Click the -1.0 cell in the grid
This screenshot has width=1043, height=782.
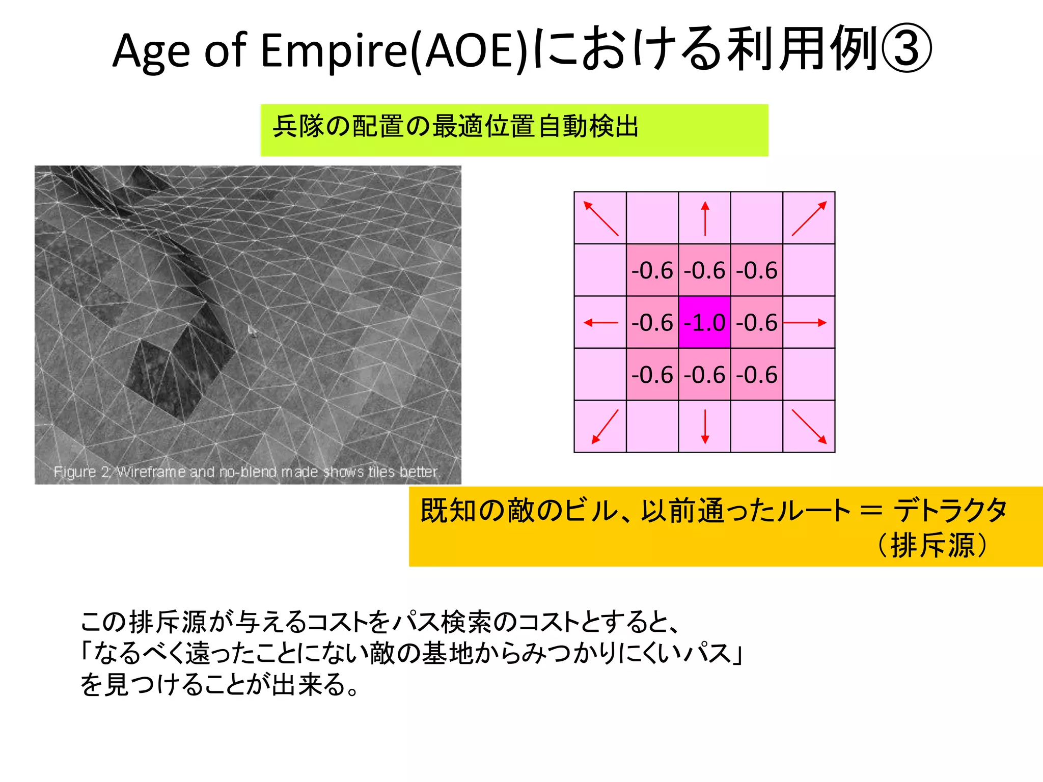(704, 322)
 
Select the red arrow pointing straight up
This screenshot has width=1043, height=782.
(705, 218)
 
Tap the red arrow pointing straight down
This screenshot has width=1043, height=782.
(705, 426)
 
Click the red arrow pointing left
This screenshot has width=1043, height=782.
(601, 322)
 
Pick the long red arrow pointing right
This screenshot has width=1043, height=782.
(805, 322)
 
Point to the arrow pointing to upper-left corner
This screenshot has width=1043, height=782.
(601, 218)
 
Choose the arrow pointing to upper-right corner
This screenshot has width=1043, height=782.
(809, 218)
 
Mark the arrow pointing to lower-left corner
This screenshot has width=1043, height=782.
(605, 427)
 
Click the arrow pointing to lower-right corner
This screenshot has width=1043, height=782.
(809, 426)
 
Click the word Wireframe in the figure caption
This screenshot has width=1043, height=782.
(151, 472)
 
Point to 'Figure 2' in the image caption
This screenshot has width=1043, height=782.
(81, 472)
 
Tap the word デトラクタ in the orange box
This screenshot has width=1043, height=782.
(950, 510)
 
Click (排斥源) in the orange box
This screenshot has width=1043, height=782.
(932, 545)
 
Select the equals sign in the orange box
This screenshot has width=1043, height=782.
(871, 510)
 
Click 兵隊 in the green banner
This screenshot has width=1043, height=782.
(298, 126)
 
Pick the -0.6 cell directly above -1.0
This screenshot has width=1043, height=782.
(704, 270)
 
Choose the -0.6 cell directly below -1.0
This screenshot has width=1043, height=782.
(704, 375)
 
